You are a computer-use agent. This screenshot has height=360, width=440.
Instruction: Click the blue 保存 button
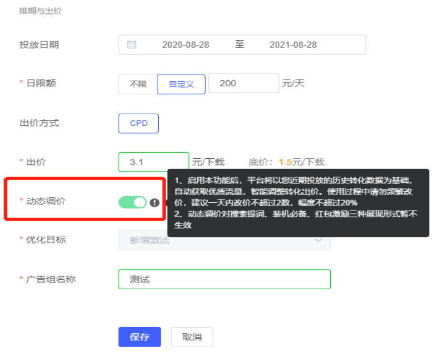[x=139, y=337]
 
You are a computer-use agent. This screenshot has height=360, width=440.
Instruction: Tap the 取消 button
[x=192, y=337]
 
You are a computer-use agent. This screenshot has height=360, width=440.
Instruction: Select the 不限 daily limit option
[x=138, y=84]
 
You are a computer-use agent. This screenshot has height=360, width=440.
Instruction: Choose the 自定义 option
[x=182, y=84]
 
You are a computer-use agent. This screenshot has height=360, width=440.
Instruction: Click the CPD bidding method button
[x=139, y=123]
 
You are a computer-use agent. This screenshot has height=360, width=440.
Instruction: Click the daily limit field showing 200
[x=243, y=83]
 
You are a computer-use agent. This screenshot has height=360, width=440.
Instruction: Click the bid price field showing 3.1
[x=153, y=162]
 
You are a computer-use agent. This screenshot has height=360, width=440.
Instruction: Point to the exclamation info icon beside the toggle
[x=154, y=203]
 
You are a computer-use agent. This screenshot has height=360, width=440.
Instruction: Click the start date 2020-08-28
[x=185, y=45]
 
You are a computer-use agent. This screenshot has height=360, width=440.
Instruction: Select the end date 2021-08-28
[x=293, y=45]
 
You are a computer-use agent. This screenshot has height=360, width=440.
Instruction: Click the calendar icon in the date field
[x=131, y=45]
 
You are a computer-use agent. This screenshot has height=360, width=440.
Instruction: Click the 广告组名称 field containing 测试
[x=224, y=279]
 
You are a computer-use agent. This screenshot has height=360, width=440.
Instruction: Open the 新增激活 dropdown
[x=224, y=240]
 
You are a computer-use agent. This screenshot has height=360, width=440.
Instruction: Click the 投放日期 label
[x=39, y=45]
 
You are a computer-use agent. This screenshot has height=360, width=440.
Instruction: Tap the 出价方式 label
[x=39, y=123]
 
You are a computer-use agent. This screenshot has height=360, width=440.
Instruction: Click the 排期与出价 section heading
[x=40, y=11]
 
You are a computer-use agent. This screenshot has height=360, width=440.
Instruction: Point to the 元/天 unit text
[x=293, y=84]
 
